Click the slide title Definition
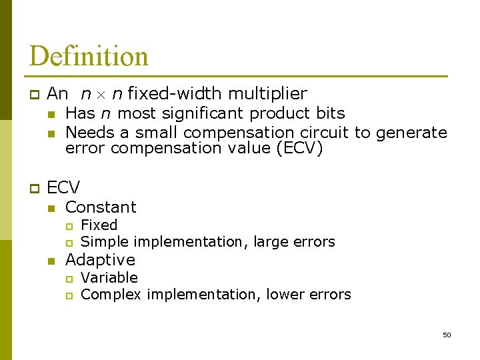89,56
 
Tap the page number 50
447,335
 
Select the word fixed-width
175,94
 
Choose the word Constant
101,207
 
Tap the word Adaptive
100,260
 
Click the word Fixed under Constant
99,225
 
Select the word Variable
109,278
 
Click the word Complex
111,295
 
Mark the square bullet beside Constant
50,208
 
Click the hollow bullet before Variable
69,279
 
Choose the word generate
411,133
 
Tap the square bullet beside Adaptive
50,261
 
